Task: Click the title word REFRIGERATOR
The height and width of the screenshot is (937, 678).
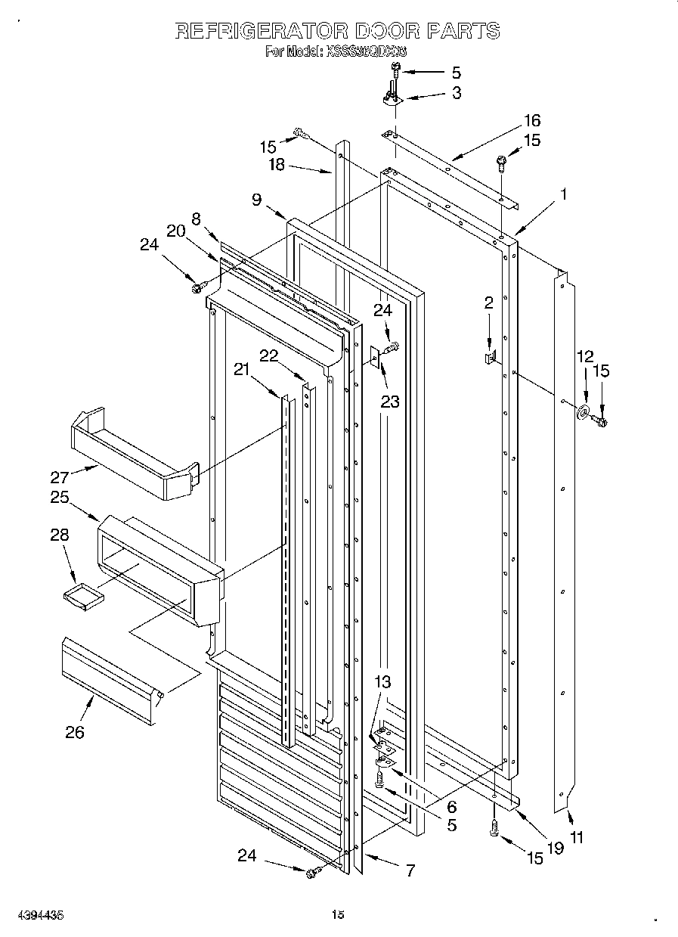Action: coord(261,30)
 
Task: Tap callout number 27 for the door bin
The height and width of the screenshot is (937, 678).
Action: coord(60,477)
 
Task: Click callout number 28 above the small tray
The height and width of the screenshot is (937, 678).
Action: coord(59,535)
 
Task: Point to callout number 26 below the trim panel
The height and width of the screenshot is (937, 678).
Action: coord(74,731)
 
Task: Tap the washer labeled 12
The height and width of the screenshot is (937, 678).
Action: coord(584,412)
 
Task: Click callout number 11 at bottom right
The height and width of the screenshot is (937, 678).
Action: coord(576,837)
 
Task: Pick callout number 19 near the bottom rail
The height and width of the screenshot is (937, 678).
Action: coord(556,848)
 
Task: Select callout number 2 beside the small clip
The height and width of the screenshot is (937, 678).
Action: coord(488,303)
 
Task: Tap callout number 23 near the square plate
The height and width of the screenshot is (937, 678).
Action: coord(389,402)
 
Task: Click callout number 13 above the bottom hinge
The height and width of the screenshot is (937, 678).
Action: coord(382,681)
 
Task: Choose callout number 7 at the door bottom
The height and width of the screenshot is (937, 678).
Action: coord(410,870)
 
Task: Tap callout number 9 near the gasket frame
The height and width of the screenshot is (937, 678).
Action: coord(257,200)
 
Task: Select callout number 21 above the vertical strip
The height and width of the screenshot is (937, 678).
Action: coord(241,368)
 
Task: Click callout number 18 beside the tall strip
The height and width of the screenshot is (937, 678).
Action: coord(277,165)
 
